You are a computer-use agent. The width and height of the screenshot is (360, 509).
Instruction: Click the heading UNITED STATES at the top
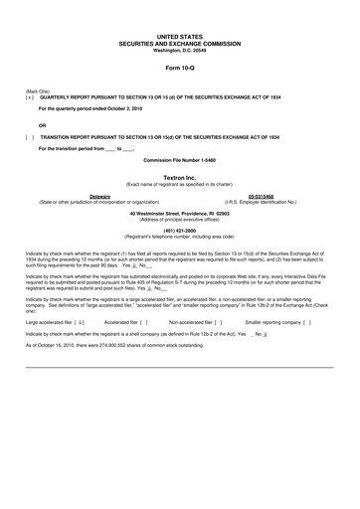point(179,34)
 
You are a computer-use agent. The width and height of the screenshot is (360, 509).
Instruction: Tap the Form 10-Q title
point(179,69)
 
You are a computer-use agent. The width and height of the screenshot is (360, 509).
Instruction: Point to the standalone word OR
point(42,125)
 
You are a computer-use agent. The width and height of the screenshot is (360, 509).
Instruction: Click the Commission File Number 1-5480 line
point(179,159)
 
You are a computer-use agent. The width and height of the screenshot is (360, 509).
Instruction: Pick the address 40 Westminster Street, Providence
point(179,214)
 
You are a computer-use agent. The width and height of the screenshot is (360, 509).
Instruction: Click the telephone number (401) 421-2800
point(179,230)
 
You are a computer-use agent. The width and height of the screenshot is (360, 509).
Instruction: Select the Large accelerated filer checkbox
point(79,323)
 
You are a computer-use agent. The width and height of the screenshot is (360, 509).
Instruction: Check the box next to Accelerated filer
point(144,323)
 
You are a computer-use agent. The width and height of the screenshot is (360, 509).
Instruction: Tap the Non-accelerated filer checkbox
point(217,323)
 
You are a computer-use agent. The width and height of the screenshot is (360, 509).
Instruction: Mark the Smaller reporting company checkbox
point(307,323)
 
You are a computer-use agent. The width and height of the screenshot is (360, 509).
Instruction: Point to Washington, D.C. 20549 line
point(179,50)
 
